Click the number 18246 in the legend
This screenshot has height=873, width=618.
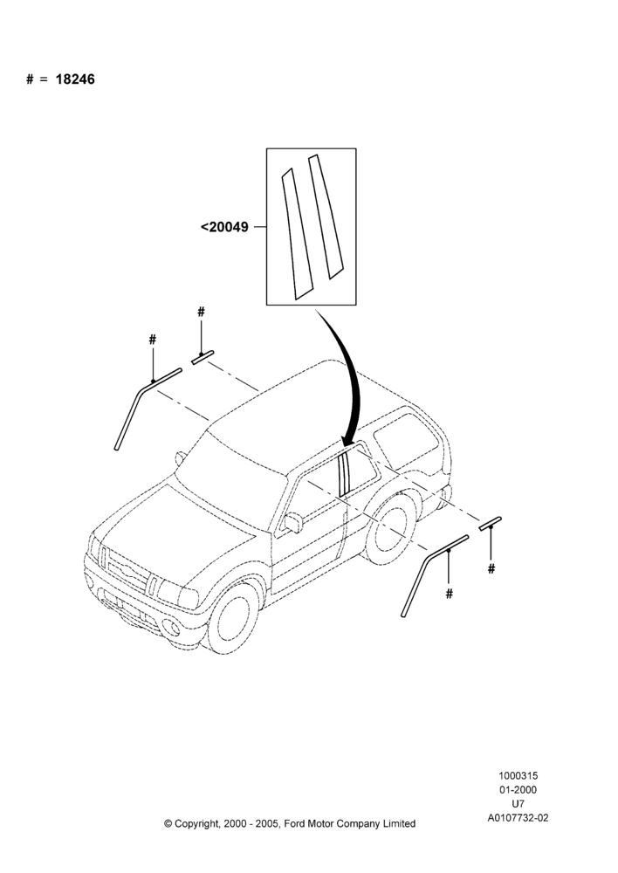75,79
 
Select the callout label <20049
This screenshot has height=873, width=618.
224,227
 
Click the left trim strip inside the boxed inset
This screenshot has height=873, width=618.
297,234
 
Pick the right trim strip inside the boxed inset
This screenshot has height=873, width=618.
324,217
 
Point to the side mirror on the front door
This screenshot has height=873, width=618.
293,522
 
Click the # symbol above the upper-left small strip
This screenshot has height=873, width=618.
201,312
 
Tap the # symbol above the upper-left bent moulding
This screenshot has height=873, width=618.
153,339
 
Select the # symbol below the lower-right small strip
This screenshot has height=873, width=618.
491,568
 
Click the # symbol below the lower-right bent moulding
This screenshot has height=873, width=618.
450,594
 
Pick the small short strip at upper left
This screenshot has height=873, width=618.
203,357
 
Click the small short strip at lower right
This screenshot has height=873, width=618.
491,523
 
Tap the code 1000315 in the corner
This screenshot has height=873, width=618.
518,775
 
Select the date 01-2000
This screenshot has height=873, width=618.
518,789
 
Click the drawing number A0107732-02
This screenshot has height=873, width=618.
518,818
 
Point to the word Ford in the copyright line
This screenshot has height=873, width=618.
293,823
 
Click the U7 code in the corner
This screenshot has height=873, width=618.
518,803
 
